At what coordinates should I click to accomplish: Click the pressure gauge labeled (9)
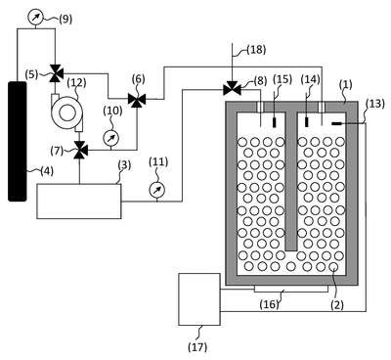pos(35,18)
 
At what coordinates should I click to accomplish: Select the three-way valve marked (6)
pos(137,99)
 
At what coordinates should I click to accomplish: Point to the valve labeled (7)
pos(80,150)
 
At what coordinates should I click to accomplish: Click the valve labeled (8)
pos(232,87)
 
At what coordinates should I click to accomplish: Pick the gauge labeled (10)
pos(111,138)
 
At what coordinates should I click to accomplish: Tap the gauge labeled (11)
pos(156,190)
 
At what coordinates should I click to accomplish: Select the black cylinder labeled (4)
pos(18,141)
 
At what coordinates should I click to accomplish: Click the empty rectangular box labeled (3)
pos(79,202)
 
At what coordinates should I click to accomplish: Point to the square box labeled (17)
pos(199,299)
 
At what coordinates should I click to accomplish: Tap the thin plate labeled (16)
pos(291,289)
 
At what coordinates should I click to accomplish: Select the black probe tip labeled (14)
pos(306,122)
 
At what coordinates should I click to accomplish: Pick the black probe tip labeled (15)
pos(274,122)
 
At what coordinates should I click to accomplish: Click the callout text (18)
pos(256,50)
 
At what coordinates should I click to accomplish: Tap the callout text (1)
pos(345,85)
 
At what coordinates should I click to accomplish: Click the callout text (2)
pos(337,305)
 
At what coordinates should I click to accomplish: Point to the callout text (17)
pos(197,346)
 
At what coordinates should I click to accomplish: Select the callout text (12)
pos(76,82)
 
